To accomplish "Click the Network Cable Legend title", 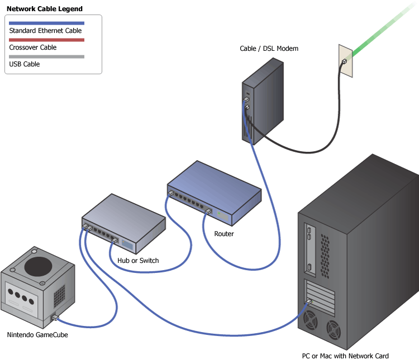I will point(44,9).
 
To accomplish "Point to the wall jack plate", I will point(345,60).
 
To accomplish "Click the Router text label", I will point(224,234).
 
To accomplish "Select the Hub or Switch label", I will point(138,261).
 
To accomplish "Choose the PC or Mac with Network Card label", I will point(345,356).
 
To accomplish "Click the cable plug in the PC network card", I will point(308,301).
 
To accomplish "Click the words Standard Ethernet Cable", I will point(46,31).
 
